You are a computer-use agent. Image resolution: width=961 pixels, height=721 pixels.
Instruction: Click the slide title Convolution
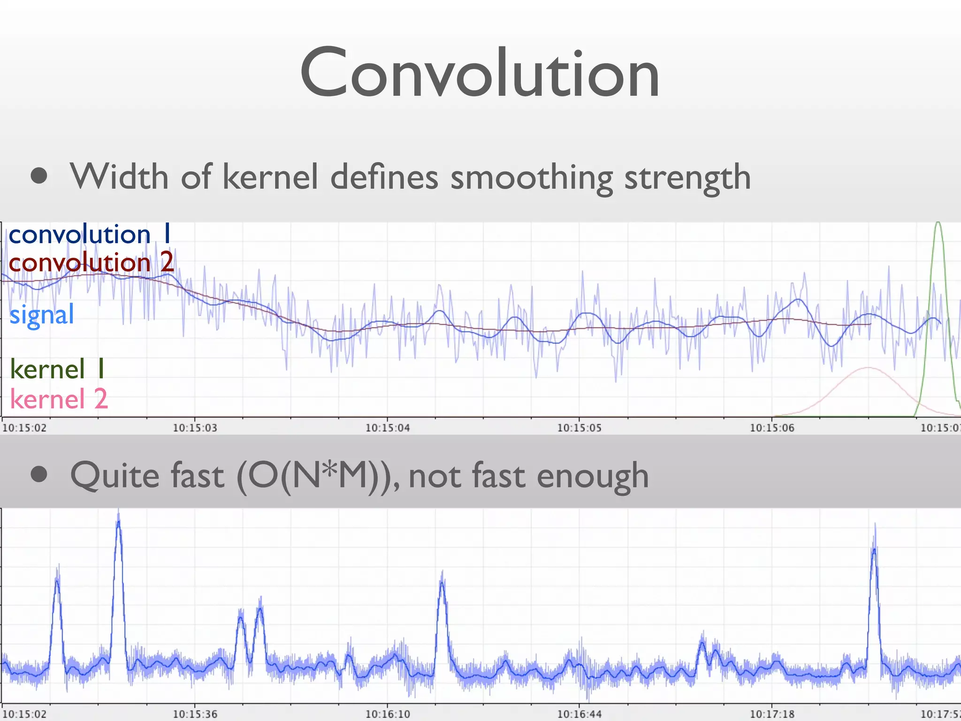click(x=480, y=73)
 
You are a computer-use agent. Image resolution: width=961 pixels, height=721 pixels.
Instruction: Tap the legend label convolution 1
click(x=89, y=234)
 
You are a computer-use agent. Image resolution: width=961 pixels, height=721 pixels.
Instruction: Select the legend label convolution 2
click(x=91, y=262)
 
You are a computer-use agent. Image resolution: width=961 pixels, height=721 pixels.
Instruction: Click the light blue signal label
click(x=42, y=314)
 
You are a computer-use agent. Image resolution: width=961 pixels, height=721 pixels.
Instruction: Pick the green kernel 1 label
click(x=57, y=369)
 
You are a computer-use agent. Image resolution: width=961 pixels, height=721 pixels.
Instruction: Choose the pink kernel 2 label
click(x=59, y=399)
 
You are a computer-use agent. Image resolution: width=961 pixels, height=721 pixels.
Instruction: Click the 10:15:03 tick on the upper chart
click(x=195, y=428)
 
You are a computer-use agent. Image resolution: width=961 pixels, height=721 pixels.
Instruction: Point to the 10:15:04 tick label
click(x=388, y=428)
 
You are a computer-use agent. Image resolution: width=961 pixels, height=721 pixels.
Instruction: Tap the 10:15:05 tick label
click(x=579, y=428)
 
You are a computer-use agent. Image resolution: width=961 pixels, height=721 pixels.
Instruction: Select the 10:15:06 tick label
click(x=772, y=428)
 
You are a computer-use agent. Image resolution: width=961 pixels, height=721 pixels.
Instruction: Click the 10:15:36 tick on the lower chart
click(x=195, y=714)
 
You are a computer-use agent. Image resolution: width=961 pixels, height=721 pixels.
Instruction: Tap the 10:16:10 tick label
click(x=388, y=714)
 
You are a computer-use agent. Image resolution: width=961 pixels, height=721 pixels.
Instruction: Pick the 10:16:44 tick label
click(x=579, y=714)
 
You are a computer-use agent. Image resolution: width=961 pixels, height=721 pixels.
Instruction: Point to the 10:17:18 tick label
click(x=772, y=714)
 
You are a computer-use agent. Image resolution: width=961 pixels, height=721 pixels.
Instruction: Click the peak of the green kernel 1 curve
click(x=938, y=223)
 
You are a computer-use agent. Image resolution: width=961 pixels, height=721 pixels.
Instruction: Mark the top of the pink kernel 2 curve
click(x=868, y=368)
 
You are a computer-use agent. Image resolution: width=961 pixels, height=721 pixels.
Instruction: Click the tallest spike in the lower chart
click(x=118, y=516)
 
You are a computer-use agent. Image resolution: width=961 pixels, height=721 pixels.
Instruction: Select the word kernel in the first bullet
click(x=270, y=177)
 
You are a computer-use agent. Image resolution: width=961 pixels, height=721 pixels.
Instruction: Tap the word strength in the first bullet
click(x=687, y=177)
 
